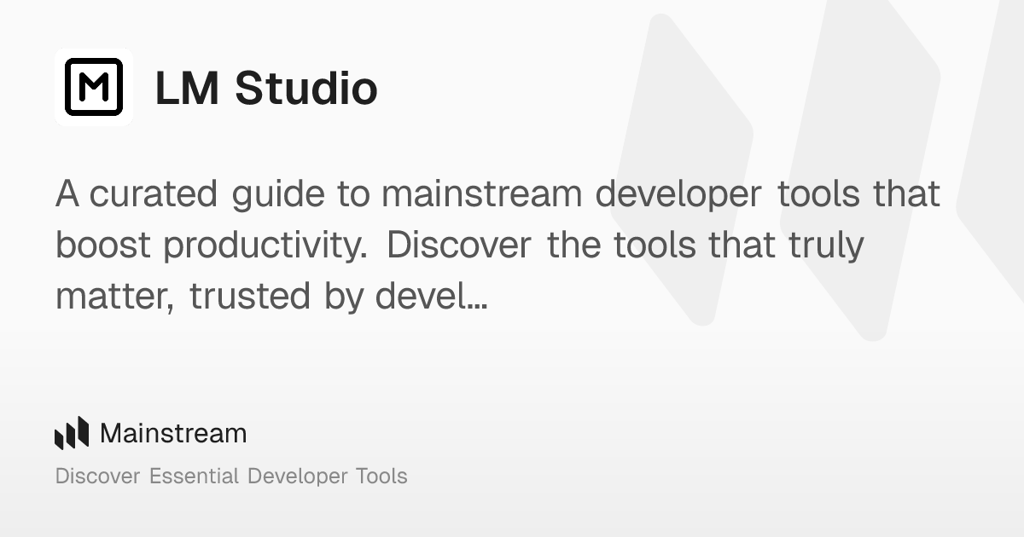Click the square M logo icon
coord(94,87)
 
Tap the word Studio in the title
coord(305,88)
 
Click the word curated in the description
coord(154,194)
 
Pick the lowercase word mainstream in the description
coord(481,194)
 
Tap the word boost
coord(103,245)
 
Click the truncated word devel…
coord(431,297)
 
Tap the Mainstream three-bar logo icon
coord(72,433)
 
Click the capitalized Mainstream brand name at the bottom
coord(173,433)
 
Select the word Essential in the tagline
coord(194,476)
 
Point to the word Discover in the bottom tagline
coord(97,476)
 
